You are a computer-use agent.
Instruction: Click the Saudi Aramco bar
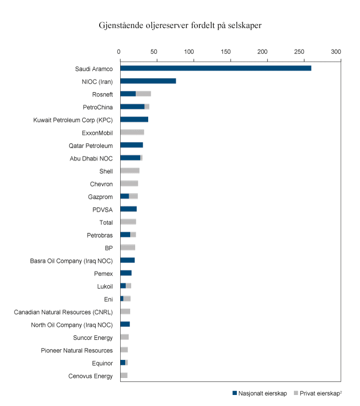click(215, 68)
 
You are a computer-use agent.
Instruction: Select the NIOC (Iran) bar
click(148, 81)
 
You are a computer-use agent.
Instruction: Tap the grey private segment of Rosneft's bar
click(143, 94)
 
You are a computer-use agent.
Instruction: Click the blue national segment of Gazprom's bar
click(125, 196)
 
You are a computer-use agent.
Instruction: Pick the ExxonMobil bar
click(132, 132)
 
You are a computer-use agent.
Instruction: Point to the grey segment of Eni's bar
click(127, 299)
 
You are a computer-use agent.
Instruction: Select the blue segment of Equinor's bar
click(123, 362)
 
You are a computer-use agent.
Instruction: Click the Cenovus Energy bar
click(124, 375)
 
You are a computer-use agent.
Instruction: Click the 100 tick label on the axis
click(189, 52)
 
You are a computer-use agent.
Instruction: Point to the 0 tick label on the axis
click(119, 52)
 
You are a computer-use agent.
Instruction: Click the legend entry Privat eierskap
click(320, 393)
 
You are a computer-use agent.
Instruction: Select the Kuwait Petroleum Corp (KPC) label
click(73, 120)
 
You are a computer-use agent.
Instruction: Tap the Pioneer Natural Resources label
click(77, 350)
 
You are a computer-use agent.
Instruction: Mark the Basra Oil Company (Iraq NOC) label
click(71, 260)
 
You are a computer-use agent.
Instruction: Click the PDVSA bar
click(128, 209)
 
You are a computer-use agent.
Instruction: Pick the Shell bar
click(130, 171)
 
